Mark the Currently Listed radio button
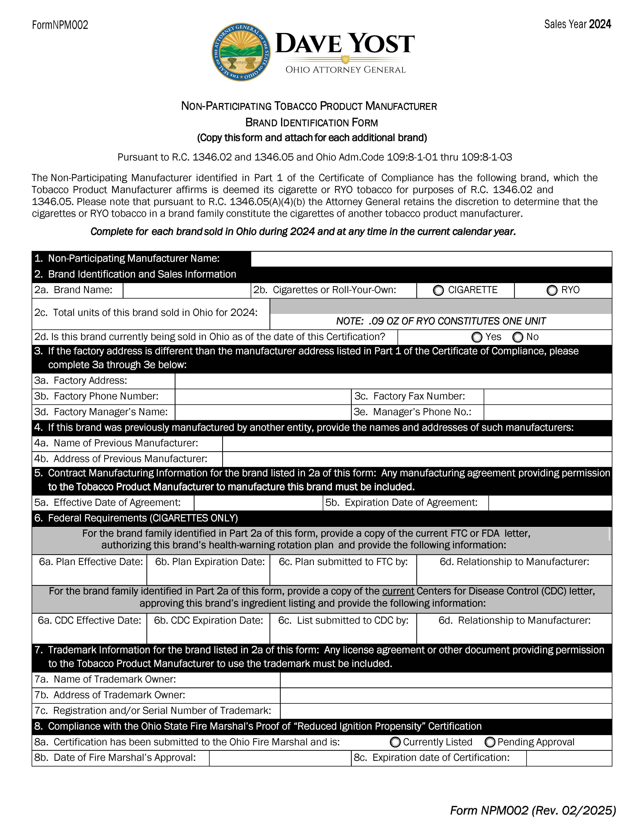[395, 742]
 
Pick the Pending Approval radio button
[490, 742]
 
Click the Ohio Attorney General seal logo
[241, 51]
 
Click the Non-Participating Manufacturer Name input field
[431, 259]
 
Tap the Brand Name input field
[186, 290]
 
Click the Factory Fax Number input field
[547, 397]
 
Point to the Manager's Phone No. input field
[547, 412]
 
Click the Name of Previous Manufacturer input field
[417, 444]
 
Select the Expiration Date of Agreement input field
[550, 503]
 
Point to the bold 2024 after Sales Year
[600, 24]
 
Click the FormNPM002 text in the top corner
[60, 25]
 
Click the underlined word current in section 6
[398, 591]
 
